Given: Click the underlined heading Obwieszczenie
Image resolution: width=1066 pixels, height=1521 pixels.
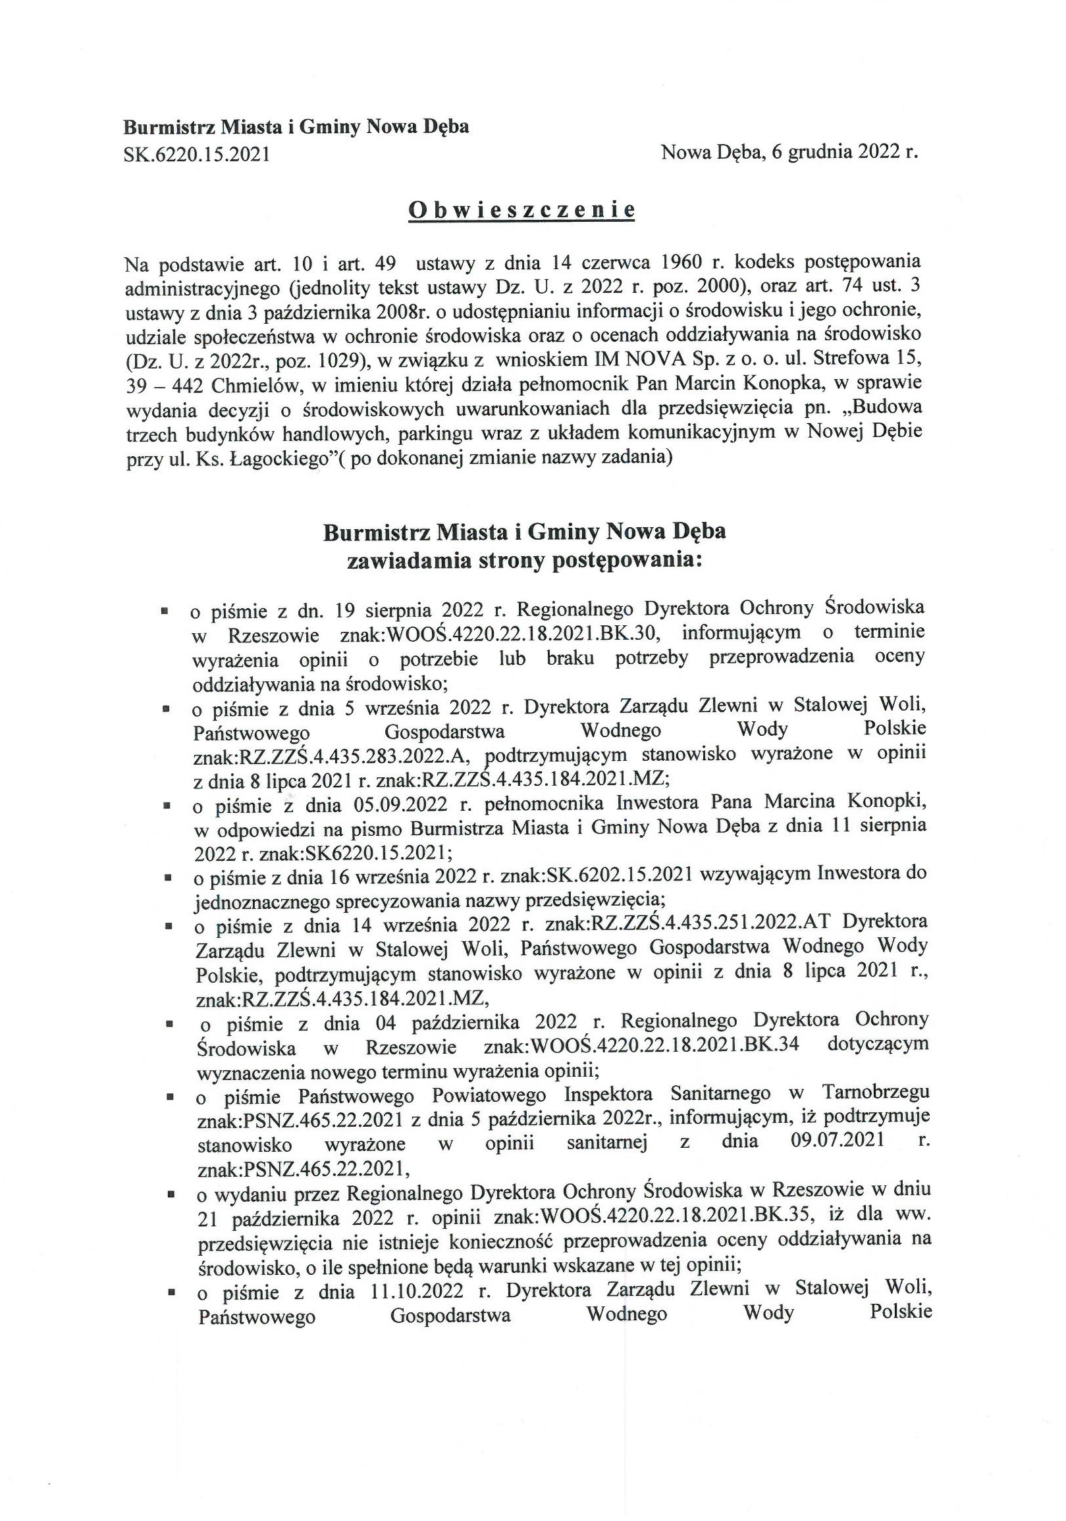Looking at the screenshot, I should [x=521, y=210].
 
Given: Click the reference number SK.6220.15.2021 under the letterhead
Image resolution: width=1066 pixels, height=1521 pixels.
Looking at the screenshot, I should [x=197, y=155].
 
